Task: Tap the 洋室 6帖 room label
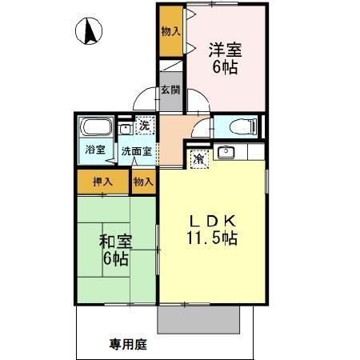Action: click(x=224, y=58)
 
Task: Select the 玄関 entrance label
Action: click(x=170, y=90)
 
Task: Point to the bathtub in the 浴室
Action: click(x=96, y=128)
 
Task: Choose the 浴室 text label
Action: click(x=95, y=150)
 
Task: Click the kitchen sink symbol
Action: click(x=225, y=152)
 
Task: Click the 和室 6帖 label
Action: click(x=117, y=250)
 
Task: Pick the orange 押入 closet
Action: click(x=103, y=182)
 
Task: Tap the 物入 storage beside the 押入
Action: click(x=143, y=182)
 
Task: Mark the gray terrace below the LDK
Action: click(x=198, y=320)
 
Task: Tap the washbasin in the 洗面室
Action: click(x=125, y=128)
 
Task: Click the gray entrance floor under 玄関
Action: click(x=171, y=100)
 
